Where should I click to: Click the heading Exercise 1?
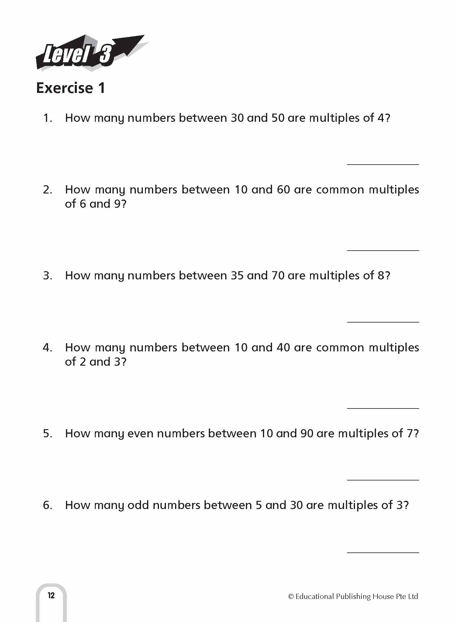71,88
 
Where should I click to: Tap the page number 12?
51,595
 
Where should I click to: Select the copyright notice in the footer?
353,596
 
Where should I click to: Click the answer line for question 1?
383,164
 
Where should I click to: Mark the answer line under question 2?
383,250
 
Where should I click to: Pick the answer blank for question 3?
383,322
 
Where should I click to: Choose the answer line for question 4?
383,408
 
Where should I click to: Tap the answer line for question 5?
383,480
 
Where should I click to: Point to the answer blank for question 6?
383,552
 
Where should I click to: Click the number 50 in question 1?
277,118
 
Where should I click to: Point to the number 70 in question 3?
277,276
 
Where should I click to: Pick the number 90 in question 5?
307,434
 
